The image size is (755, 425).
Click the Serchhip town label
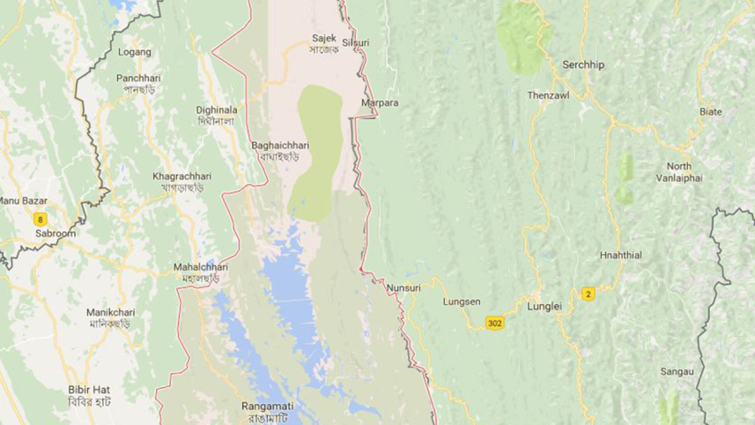[x=584, y=65]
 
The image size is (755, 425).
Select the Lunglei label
[x=544, y=307]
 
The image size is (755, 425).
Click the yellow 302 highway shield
[x=494, y=324]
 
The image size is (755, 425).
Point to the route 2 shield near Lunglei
[x=588, y=294]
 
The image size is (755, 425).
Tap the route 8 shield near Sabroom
[x=40, y=219]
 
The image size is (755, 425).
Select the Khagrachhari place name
[x=182, y=175]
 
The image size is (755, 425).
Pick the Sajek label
[x=324, y=39]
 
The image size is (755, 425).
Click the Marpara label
[x=380, y=103]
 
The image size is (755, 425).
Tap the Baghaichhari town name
[x=280, y=145]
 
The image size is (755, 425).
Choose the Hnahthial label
[x=622, y=255]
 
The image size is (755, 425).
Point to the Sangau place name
[x=677, y=372]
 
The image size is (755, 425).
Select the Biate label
[x=710, y=112]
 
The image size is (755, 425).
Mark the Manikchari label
[x=109, y=313]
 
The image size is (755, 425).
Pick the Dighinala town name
[x=216, y=110]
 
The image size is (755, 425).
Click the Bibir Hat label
[x=89, y=389]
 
